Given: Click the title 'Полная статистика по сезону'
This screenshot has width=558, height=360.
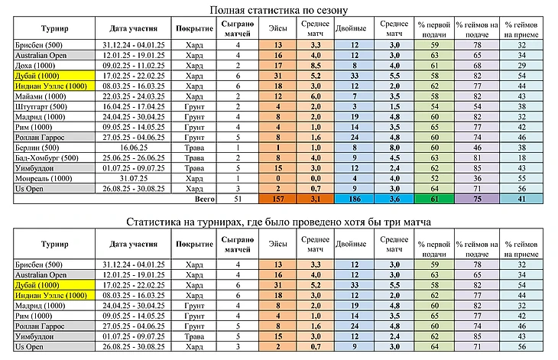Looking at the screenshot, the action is pyautogui.click(x=279, y=10).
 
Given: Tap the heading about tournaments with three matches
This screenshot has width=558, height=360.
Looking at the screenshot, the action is pyautogui.click(x=279, y=222).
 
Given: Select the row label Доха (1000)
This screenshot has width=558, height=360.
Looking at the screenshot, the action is pyautogui.click(x=35, y=66).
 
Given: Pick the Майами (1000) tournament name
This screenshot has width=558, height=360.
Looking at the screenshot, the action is pyautogui.click(x=41, y=96).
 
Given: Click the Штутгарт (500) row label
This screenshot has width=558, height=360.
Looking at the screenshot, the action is pyautogui.click(x=41, y=107).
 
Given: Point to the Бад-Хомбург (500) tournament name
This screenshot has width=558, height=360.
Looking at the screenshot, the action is pyautogui.click(x=47, y=158).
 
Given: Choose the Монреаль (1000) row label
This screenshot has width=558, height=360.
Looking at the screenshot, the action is pyautogui.click(x=44, y=179).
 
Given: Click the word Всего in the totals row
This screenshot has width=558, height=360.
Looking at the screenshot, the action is pyautogui.click(x=205, y=199).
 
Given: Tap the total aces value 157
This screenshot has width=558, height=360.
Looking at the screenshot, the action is pyautogui.click(x=278, y=199).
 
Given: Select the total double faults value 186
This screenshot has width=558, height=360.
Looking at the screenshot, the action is pyautogui.click(x=355, y=199).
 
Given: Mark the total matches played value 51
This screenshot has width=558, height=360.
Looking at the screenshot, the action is pyautogui.click(x=238, y=199).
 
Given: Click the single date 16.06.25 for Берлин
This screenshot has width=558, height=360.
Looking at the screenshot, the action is pyautogui.click(x=134, y=148).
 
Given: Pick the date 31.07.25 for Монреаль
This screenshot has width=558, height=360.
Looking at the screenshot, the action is pyautogui.click(x=134, y=179).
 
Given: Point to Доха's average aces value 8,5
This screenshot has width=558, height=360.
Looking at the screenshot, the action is pyautogui.click(x=315, y=66).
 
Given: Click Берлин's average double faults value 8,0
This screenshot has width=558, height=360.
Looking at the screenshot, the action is pyautogui.click(x=394, y=148).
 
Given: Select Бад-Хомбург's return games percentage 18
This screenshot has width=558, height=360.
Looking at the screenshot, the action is pyautogui.click(x=522, y=158).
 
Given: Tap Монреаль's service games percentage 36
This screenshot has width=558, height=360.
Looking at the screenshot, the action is pyautogui.click(x=477, y=179).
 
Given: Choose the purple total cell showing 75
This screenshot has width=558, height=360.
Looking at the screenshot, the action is pyautogui.click(x=477, y=199).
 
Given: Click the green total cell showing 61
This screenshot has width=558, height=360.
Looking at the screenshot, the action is pyautogui.click(x=434, y=199).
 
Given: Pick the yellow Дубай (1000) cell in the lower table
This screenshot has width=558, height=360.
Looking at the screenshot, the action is pyautogui.click(x=54, y=285).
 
